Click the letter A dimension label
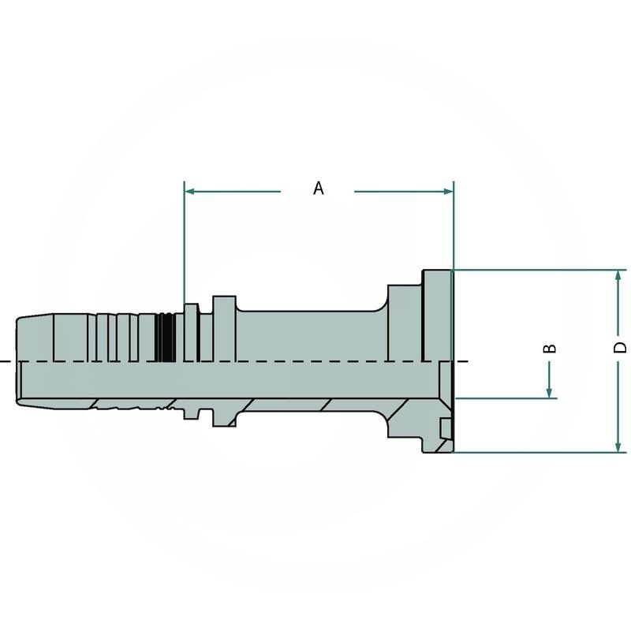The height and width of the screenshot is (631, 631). pyautogui.click(x=318, y=188)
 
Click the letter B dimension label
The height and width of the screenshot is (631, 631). pyautogui.click(x=551, y=348)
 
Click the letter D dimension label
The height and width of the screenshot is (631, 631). pyautogui.click(x=620, y=347)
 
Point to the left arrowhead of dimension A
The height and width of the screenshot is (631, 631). pyautogui.click(x=190, y=191)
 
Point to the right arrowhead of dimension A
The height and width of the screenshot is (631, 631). pyautogui.click(x=448, y=191)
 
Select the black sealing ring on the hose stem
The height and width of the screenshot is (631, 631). pyautogui.click(x=165, y=338)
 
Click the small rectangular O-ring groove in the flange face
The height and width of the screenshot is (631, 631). pyautogui.click(x=447, y=429)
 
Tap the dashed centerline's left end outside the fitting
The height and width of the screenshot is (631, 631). pyautogui.click(x=6, y=361)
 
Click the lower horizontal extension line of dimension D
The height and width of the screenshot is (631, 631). pyautogui.click(x=536, y=453)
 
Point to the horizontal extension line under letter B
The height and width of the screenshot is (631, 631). pyautogui.click(x=505, y=398)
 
